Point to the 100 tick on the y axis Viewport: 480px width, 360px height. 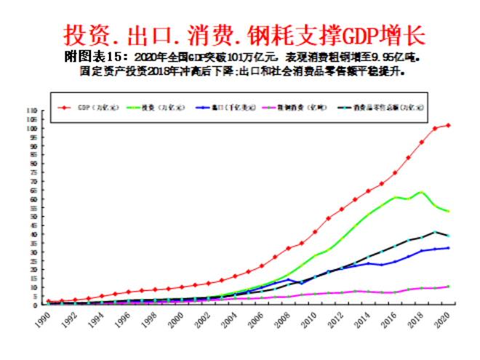tap(31, 129)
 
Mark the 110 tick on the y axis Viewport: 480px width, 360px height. tap(31, 111)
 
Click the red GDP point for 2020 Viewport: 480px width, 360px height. tap(448, 125)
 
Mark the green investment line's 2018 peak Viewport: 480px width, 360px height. tap(420, 192)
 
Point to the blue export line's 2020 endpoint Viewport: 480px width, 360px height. tap(448, 248)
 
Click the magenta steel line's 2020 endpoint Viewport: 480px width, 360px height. tap(448, 287)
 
